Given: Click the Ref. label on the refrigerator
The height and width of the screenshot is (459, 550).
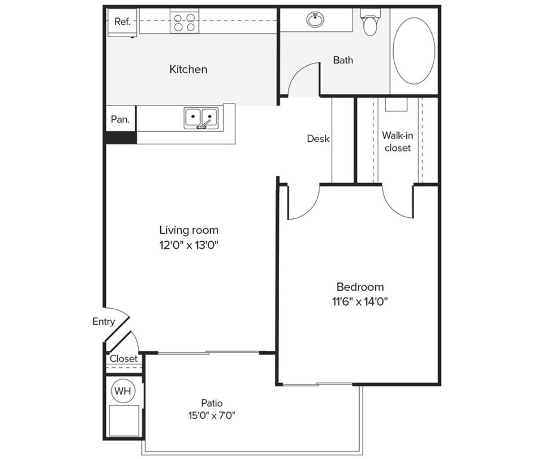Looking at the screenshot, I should tap(122, 22).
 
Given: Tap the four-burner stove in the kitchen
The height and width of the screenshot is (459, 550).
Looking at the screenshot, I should tap(185, 22).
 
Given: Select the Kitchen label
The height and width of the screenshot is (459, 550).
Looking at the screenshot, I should tap(188, 69).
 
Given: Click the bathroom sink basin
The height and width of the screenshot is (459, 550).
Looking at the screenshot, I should tap(315, 20).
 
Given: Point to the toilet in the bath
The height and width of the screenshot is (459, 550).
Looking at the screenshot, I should tap(370, 24).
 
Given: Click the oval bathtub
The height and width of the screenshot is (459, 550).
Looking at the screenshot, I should tap(414, 51).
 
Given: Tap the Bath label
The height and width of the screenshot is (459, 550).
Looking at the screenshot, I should tap(343, 60).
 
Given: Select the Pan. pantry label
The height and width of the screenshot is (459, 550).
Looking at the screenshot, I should tap(120, 119).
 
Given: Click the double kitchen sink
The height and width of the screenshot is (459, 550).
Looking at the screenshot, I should tap(201, 118).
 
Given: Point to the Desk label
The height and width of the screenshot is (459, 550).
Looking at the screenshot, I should tap(318, 139).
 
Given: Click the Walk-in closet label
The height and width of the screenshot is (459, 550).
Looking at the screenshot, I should tap(397, 142).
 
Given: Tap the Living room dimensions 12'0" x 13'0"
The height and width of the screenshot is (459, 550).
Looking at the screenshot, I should tap(189, 245).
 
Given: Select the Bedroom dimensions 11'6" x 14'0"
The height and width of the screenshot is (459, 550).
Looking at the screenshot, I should tap(360, 301).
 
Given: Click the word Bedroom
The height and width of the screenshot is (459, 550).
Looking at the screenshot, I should tap(360, 287).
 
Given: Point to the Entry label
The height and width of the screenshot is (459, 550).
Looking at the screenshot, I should tap(103, 321).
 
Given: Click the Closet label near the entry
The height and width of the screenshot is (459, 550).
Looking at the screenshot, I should tap(123, 359).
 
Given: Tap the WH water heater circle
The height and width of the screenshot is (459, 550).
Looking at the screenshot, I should tap(123, 391).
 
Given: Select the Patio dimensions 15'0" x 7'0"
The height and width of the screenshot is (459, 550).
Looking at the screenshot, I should tap(212, 415).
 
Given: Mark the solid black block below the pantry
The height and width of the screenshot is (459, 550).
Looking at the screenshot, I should tap(121, 138).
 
